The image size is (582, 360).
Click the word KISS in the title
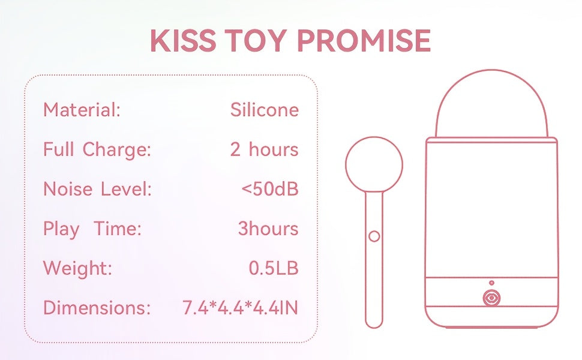183,40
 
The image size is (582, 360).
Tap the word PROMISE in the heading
364,40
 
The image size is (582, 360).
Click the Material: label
82,110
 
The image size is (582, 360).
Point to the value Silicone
264,110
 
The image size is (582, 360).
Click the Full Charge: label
97,150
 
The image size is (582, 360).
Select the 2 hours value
264,149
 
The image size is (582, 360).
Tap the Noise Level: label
98,189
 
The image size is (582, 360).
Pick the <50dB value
270,189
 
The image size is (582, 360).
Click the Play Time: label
92,229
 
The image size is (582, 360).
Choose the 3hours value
268,229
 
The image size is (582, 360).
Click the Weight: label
77,268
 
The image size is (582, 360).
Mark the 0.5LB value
274,268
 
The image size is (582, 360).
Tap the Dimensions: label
97,308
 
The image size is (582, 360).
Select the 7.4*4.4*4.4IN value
240,308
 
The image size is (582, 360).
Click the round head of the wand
374,137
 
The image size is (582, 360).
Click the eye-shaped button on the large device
491,298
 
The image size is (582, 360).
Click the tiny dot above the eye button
491,283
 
